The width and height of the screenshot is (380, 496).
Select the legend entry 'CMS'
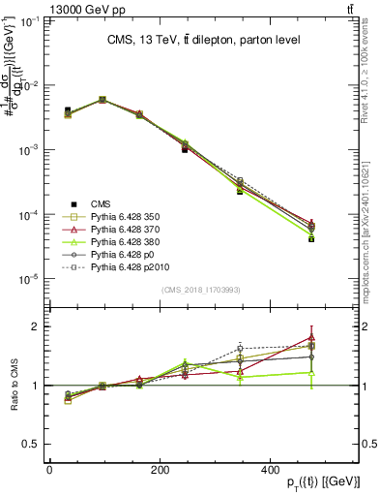(101, 203)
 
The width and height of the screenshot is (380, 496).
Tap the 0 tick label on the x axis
(49, 468)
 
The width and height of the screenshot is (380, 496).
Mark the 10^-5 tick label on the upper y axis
(29, 279)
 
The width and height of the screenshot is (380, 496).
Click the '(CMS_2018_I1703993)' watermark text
(202, 290)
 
